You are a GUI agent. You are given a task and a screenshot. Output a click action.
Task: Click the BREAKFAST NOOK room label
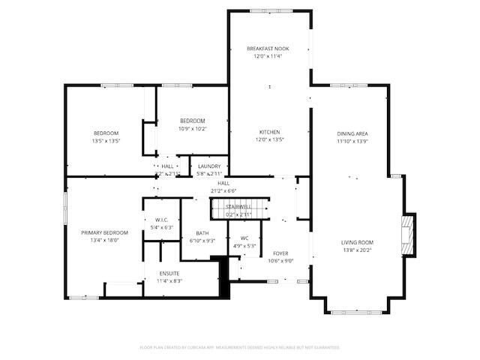click(268, 49)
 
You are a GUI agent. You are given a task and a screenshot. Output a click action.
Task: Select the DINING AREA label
click(352, 133)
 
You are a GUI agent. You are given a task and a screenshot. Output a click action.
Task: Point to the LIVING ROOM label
click(357, 242)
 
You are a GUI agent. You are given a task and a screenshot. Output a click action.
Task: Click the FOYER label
click(280, 253)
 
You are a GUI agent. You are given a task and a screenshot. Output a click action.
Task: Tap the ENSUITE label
click(169, 273)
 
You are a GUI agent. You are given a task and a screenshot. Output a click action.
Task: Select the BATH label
click(202, 233)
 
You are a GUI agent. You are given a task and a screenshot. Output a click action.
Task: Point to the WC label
click(244, 238)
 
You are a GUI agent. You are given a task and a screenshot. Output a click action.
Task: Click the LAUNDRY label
click(209, 166)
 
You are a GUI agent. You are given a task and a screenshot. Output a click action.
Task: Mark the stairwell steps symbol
click(239, 207)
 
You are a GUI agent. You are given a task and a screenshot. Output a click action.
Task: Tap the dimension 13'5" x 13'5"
click(106, 141)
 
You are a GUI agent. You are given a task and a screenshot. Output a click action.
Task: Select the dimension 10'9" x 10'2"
click(192, 128)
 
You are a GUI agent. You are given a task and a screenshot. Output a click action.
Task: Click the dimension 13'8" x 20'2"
click(357, 250)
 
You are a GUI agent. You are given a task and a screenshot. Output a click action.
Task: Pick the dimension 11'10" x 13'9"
click(352, 141)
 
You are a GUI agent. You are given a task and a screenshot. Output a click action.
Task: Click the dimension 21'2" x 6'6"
click(223, 190)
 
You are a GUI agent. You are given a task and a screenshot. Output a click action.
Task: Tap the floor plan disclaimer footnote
click(240, 347)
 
